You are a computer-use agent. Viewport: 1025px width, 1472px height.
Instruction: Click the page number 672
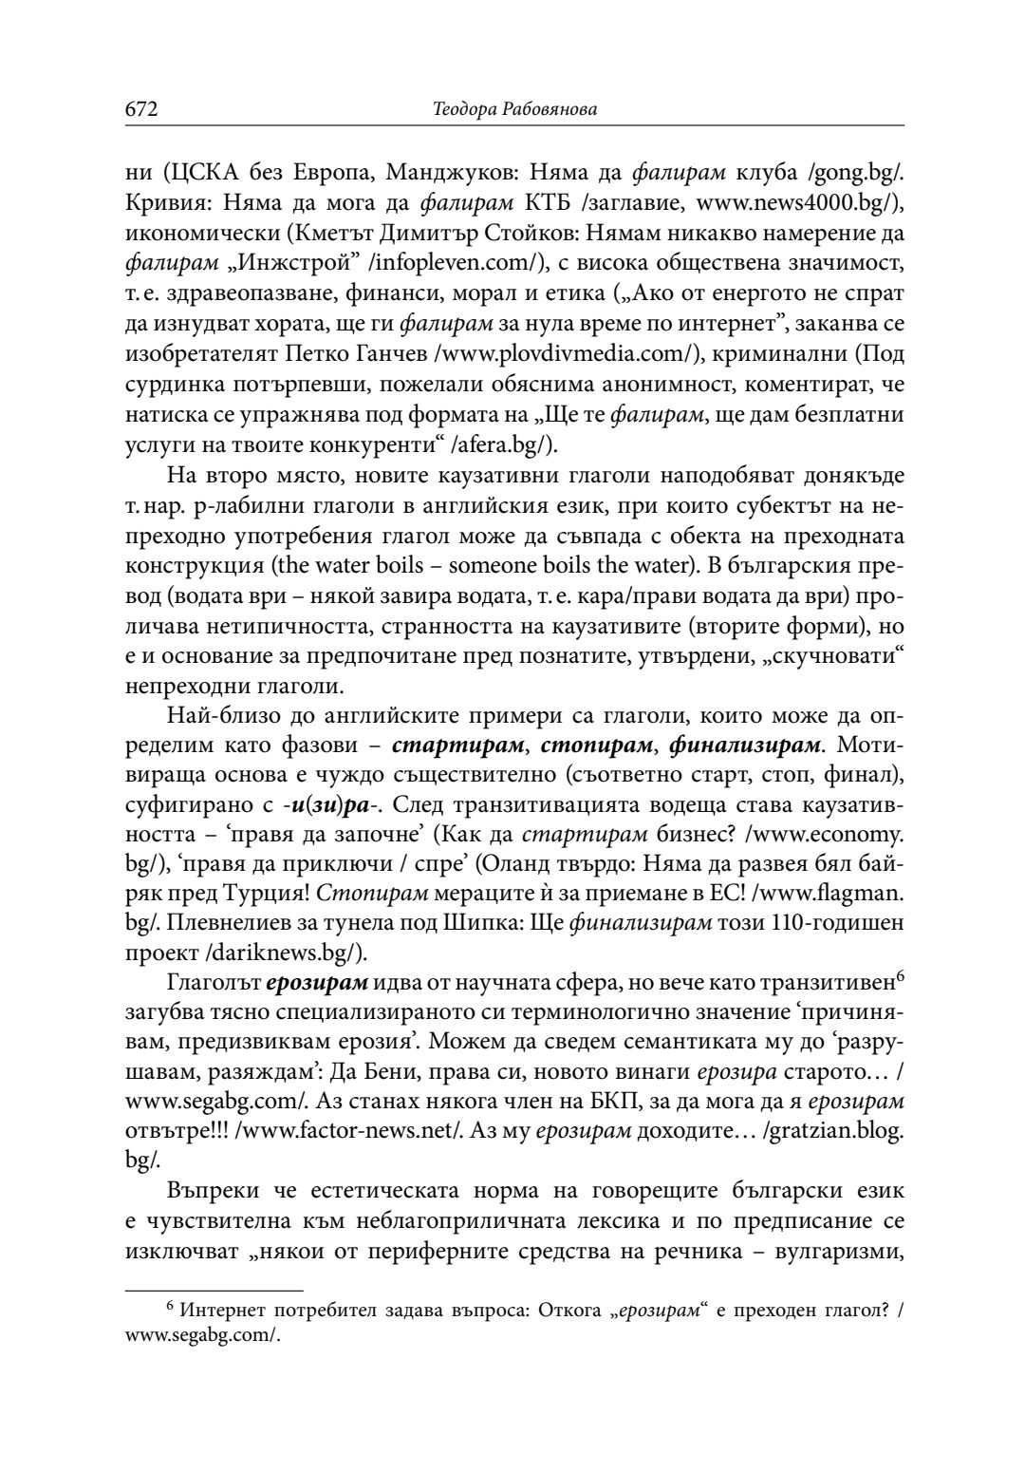click(x=140, y=110)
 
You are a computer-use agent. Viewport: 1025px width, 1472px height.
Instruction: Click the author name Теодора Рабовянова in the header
click(x=514, y=111)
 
